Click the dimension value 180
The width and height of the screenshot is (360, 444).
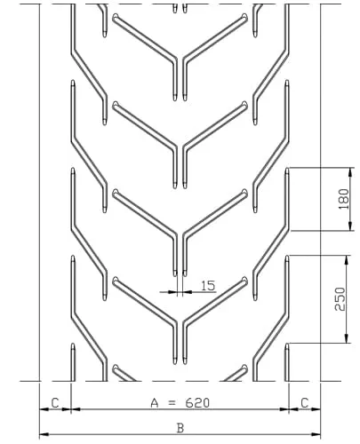[x=343, y=198]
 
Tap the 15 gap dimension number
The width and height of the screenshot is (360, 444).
[x=208, y=285]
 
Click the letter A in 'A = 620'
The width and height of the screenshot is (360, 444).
[x=155, y=402]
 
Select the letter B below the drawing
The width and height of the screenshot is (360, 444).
[x=180, y=427]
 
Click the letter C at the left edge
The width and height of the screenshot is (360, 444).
[x=55, y=402]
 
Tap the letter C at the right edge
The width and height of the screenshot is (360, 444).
[x=305, y=402]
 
